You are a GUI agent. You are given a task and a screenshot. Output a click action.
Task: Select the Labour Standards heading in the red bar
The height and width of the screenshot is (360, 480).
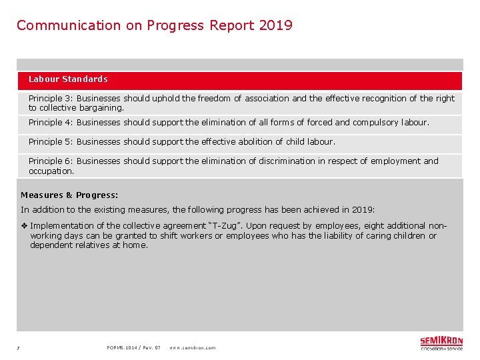68,79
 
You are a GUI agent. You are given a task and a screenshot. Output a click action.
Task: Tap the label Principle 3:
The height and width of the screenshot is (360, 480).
51,99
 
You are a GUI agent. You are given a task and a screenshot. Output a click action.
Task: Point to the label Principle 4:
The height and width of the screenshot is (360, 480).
51,123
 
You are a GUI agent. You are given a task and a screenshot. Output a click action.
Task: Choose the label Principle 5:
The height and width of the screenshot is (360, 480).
51,142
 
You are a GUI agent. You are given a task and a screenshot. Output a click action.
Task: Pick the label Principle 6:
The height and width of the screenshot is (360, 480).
51,161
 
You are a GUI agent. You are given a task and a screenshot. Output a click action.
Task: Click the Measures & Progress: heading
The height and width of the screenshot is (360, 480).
69,195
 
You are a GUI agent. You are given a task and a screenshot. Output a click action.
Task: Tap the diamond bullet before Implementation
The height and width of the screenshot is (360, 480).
24,226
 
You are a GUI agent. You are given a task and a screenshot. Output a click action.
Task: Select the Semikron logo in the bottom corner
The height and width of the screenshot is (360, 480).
441,343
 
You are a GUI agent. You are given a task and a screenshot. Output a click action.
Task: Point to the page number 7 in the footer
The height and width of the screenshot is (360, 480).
18,348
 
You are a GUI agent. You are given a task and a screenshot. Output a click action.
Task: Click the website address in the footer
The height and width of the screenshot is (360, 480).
192,348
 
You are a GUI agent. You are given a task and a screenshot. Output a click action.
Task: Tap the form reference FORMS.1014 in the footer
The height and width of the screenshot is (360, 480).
123,348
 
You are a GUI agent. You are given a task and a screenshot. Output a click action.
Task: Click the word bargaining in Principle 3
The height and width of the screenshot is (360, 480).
101,108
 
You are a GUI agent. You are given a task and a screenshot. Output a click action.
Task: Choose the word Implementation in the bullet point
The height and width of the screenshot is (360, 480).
63,226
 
